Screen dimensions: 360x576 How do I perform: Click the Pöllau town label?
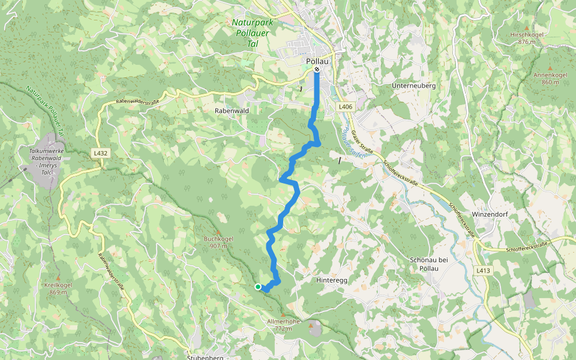[x=317, y=61]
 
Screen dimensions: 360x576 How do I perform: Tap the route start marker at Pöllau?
[x=317, y=70]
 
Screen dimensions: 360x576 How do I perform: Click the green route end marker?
[x=258, y=287]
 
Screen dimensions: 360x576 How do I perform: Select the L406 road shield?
[x=344, y=107]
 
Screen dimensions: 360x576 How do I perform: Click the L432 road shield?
[x=100, y=154]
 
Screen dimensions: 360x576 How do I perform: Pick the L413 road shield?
[x=484, y=271]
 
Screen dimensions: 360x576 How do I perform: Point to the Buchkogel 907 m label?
[x=218, y=242]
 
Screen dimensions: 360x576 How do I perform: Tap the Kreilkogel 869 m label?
[x=58, y=289]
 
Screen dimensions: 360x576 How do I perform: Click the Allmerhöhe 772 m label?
[x=283, y=325]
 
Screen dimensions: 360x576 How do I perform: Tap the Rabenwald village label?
[x=232, y=111]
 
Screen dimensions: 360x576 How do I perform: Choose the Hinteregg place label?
[x=331, y=280]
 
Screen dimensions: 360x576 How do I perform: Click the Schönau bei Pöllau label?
[x=428, y=263]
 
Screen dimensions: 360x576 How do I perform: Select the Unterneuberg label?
[x=413, y=86]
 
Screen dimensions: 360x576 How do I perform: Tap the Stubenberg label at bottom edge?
[x=205, y=358]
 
